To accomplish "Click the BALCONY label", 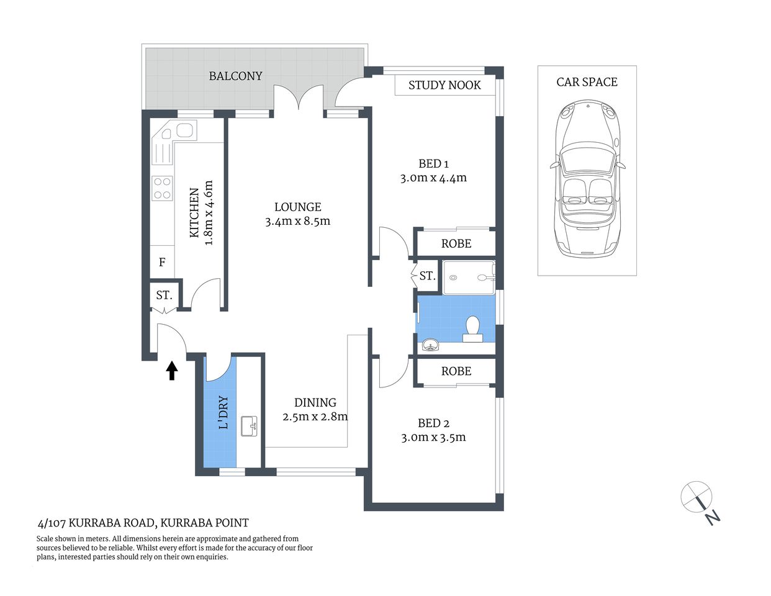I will (x=235, y=76).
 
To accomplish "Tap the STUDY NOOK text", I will (x=444, y=86).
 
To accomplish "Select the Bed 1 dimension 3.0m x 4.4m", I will (x=433, y=178).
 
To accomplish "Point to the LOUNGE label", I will (x=298, y=207).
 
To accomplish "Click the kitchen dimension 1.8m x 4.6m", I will (x=209, y=213).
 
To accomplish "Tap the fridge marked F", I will (x=162, y=263).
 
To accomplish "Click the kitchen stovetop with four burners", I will (x=162, y=189).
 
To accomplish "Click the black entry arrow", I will (x=172, y=371).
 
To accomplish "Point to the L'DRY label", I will (x=223, y=413).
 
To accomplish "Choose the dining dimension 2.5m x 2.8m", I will (x=315, y=417).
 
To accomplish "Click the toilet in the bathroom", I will (x=473, y=329).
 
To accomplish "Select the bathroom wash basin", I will (x=430, y=345).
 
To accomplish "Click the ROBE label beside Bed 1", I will (x=456, y=244).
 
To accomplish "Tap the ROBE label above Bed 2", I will (x=456, y=371).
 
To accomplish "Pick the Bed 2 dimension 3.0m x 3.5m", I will (x=433, y=438).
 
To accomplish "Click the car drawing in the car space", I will (x=587, y=179).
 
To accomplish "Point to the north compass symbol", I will (x=698, y=499).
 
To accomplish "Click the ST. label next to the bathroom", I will (x=427, y=276).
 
